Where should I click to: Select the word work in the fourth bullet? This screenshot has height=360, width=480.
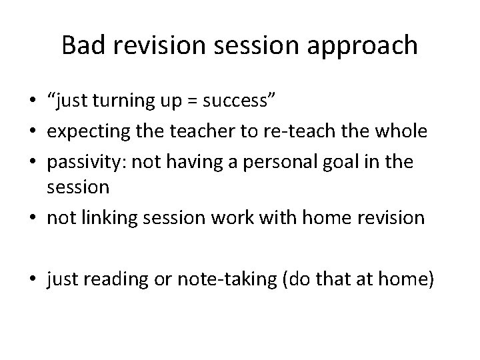point(233,217)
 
